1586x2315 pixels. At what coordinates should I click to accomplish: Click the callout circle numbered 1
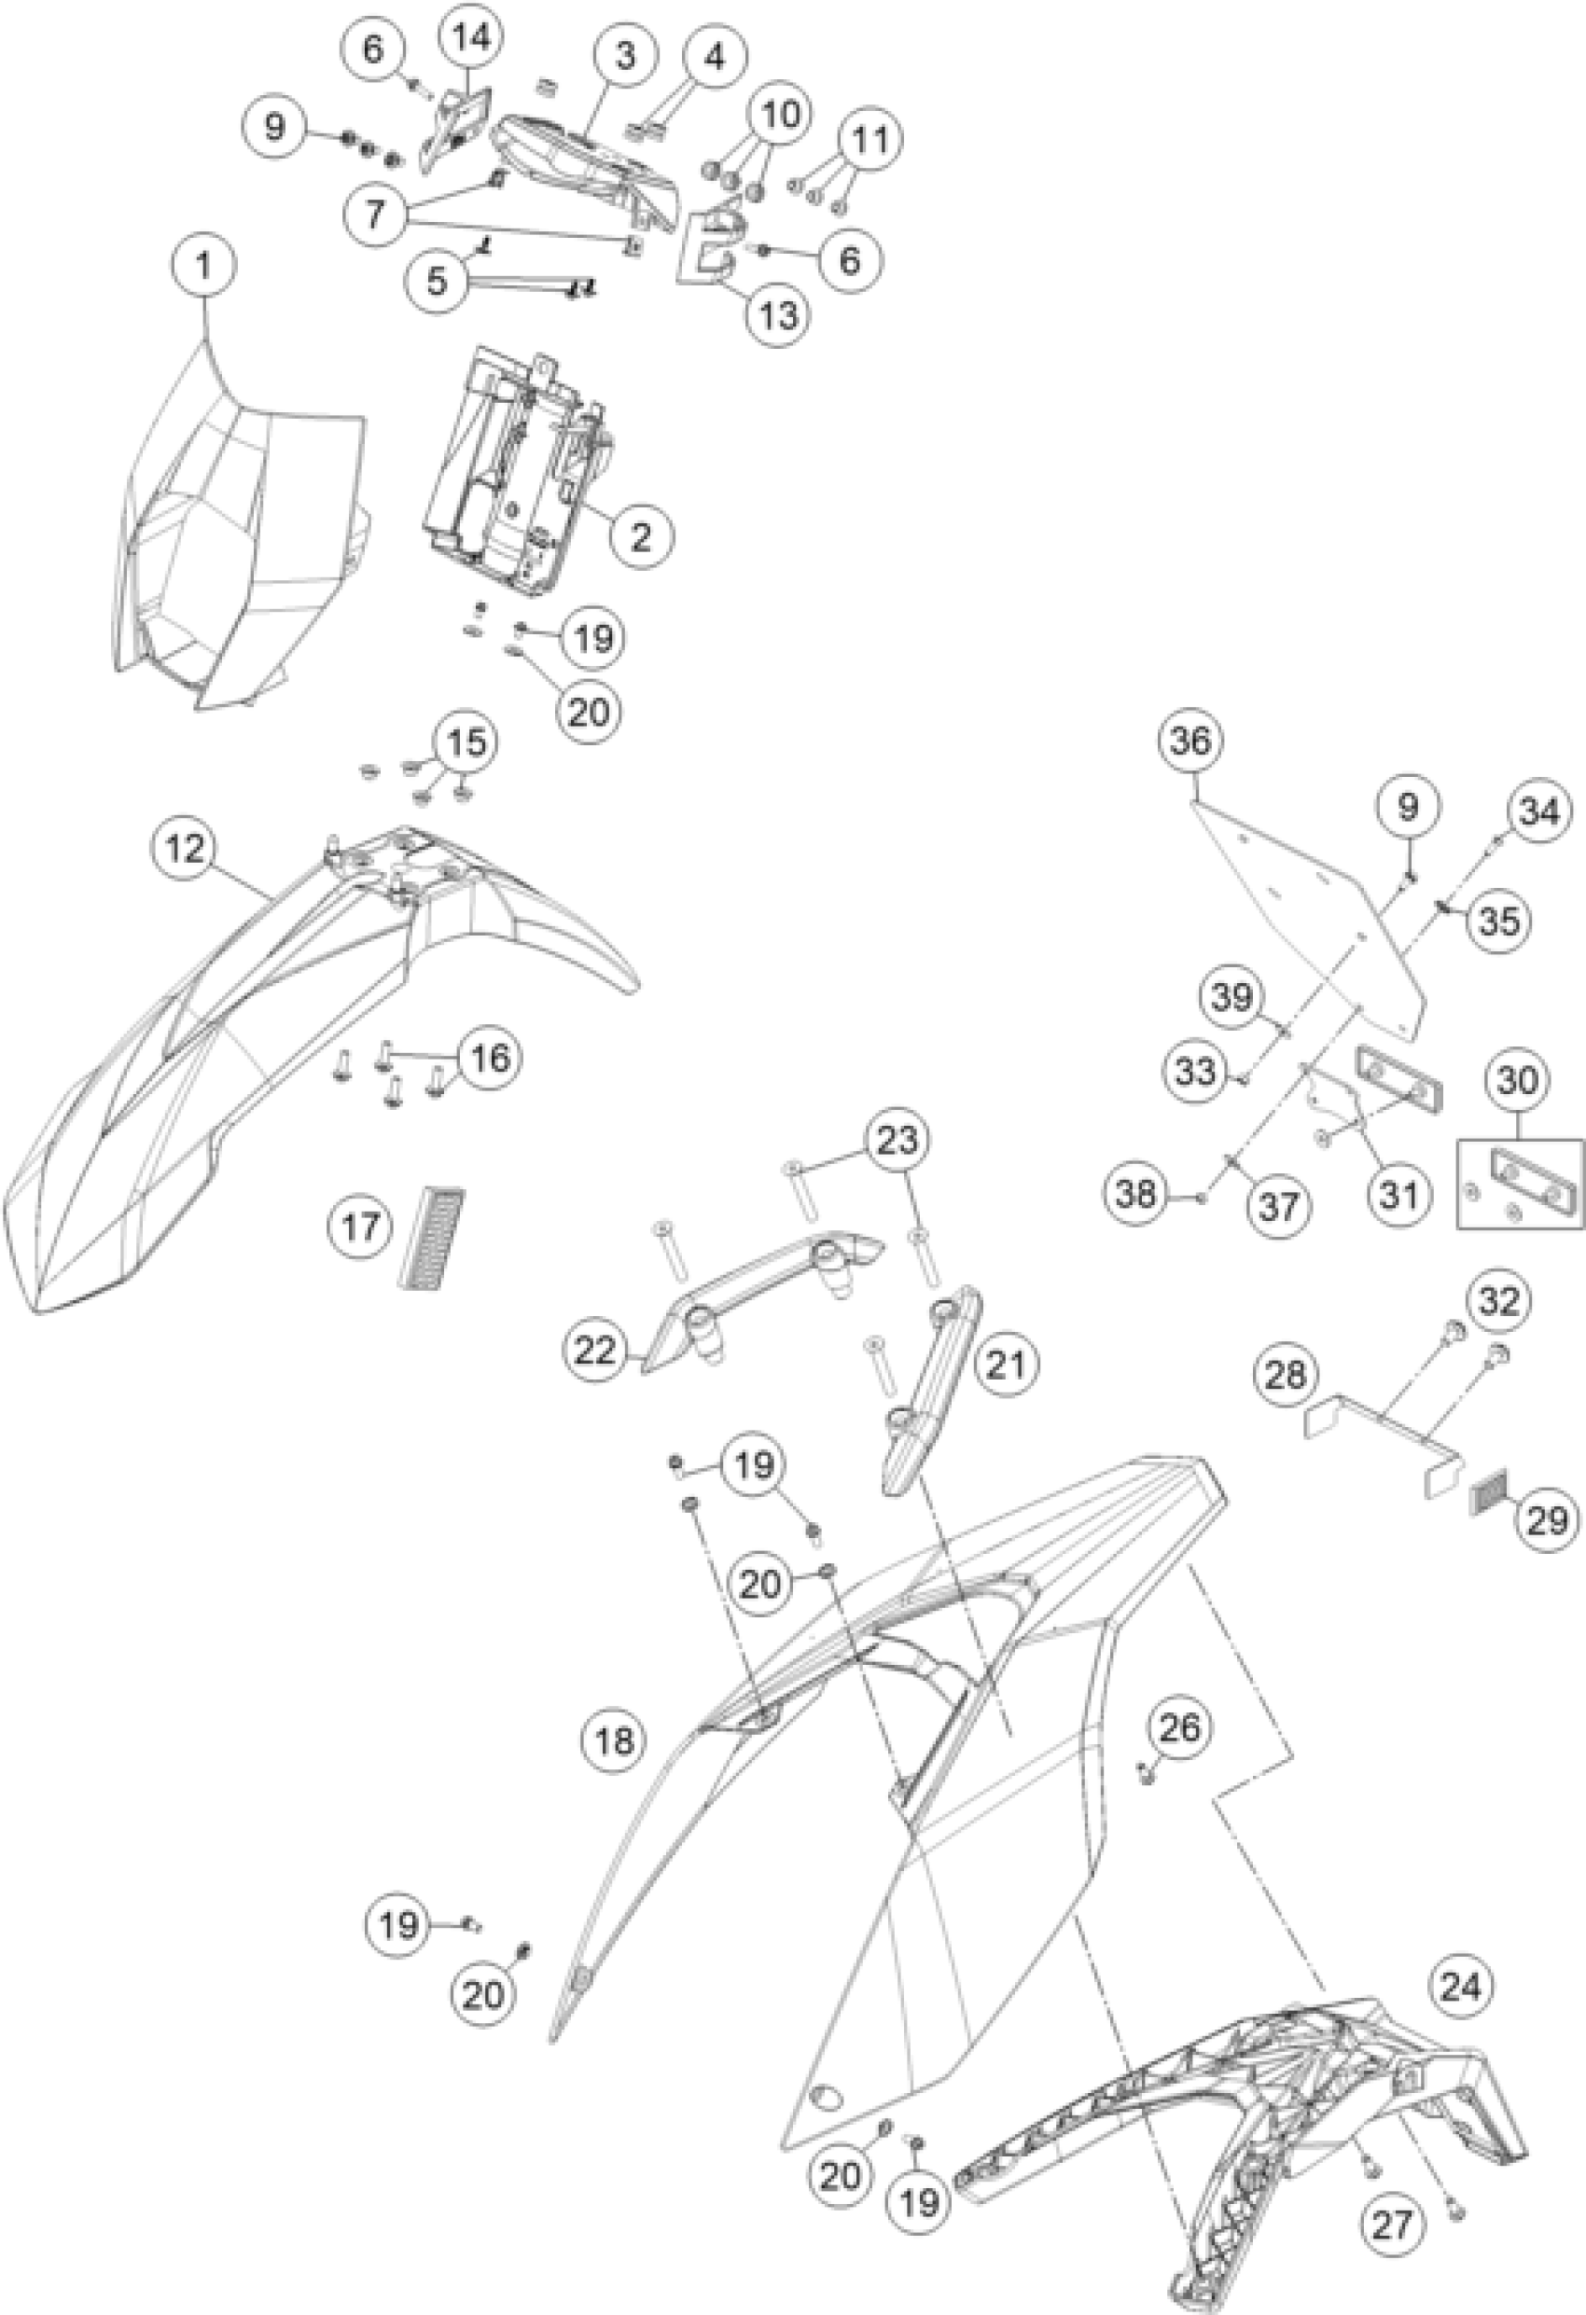203,266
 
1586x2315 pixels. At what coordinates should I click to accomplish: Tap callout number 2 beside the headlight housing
642,537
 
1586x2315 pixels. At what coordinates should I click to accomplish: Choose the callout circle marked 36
1191,742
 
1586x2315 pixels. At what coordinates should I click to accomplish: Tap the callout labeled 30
1517,1080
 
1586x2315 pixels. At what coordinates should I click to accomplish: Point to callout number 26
1181,1728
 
